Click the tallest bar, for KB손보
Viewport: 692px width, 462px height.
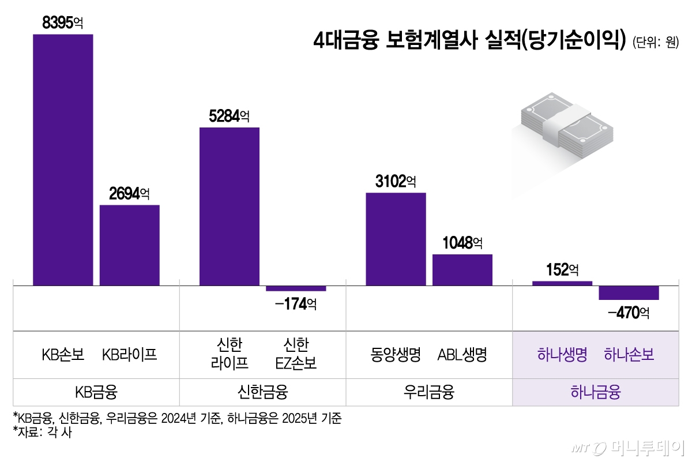[x=63, y=160]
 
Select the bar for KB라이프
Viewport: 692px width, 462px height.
[x=130, y=245]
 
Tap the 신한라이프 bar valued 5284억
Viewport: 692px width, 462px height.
[x=230, y=206]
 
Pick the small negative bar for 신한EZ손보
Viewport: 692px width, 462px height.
[x=296, y=288]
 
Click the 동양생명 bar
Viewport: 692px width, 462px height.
[x=396, y=239]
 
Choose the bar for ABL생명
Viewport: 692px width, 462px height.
[x=462, y=270]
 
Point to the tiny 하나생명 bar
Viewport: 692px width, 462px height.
[x=562, y=283]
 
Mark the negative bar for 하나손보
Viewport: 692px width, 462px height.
[x=629, y=293]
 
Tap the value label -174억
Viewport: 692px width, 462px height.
[x=296, y=303]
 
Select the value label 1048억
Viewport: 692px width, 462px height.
[x=462, y=243]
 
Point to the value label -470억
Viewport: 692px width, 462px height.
[x=629, y=313]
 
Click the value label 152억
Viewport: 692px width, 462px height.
[x=562, y=269]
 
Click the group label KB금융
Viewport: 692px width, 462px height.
[x=96, y=393]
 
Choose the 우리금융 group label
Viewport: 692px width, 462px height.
[x=429, y=393]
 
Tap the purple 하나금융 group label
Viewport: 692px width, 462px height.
[x=596, y=393]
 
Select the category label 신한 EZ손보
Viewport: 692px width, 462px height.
[x=296, y=354]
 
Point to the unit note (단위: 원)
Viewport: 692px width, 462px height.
[x=655, y=43]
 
